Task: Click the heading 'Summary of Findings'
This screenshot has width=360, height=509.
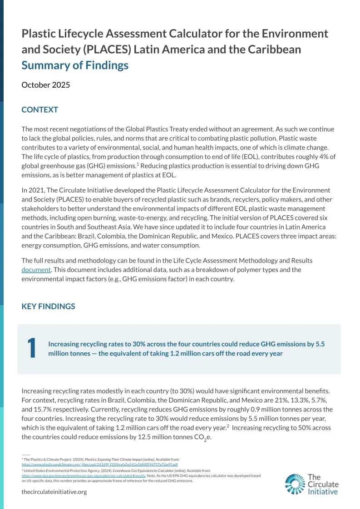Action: [x=75, y=65]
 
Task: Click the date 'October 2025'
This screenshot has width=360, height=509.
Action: [x=46, y=85]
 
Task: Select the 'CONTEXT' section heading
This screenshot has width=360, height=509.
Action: [x=40, y=110]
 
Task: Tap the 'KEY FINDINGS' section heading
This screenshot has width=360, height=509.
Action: [x=49, y=306]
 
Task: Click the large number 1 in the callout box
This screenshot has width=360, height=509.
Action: [x=31, y=348]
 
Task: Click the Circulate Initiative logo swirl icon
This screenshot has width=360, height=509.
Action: [x=295, y=484]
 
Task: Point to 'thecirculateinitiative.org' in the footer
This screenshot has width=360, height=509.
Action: [x=54, y=492]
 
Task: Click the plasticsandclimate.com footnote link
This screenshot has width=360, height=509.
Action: [x=100, y=465]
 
